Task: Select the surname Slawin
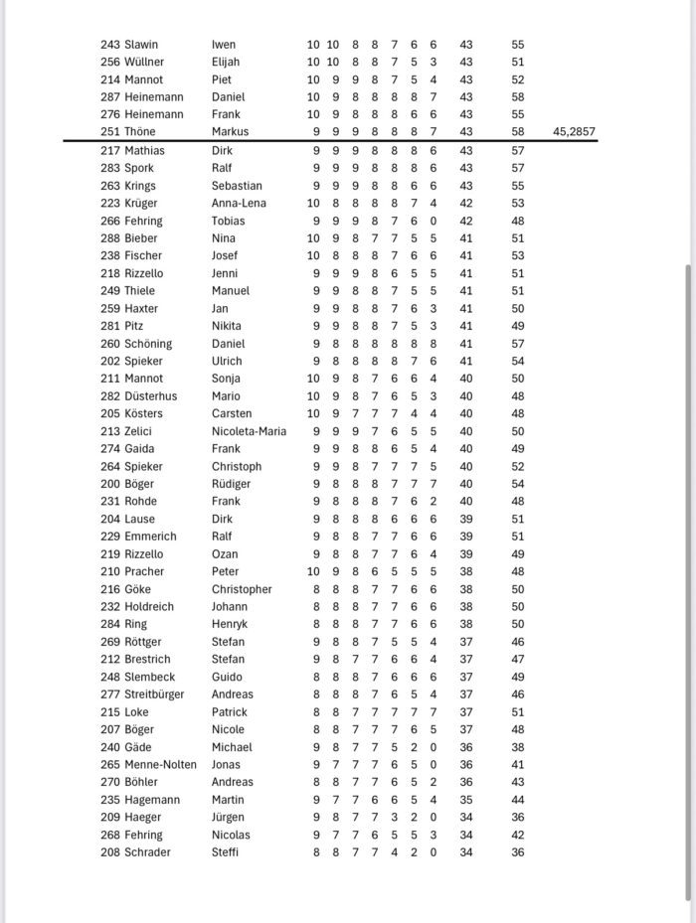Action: coord(141,45)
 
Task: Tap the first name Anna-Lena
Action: coord(240,203)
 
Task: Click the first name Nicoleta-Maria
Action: coord(249,431)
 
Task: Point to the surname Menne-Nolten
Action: coord(161,765)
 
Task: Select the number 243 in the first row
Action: coord(110,45)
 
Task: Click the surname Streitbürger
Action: coord(154,694)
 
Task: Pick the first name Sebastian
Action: coord(237,186)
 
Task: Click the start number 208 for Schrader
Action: coord(110,852)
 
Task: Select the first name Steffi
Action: coord(225,852)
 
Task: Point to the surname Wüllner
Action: coord(144,62)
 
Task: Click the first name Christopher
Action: coord(242,589)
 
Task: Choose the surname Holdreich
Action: coord(149,606)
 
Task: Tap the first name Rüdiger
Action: coord(231,484)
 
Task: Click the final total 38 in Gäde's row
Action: coord(518,747)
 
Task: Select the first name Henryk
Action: coord(230,624)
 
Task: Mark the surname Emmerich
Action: coord(149,537)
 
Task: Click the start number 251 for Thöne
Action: coord(110,132)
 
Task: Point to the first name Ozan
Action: coord(225,554)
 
